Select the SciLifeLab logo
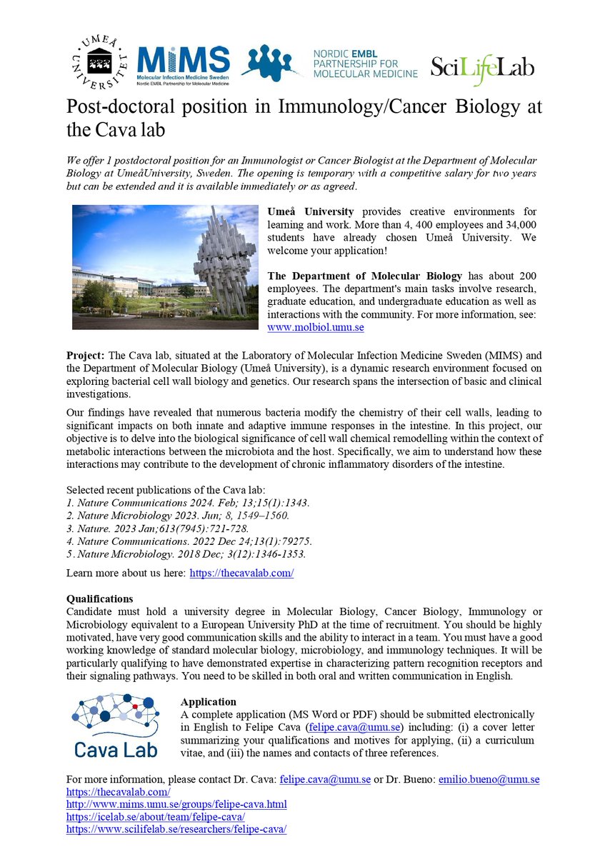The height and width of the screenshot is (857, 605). pos(482,67)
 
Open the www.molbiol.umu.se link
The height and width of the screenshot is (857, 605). pos(316,326)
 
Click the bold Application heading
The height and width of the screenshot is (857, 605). pos(209,702)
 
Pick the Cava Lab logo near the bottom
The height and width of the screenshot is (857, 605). pos(115,728)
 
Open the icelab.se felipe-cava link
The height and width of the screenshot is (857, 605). pos(156,816)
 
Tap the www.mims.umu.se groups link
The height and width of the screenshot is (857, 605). pos(176,804)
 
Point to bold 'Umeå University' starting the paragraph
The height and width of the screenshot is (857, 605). pos(311,212)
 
